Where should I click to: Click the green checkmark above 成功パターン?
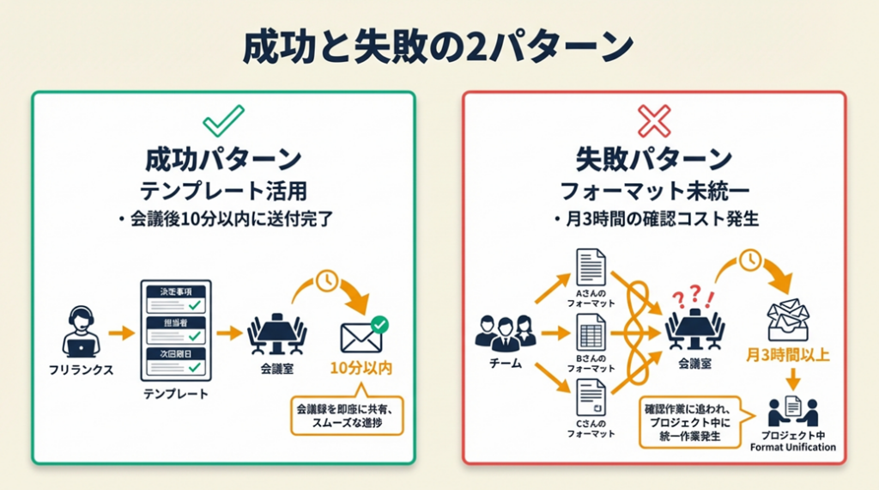click(x=223, y=120)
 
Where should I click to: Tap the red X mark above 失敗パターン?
click(x=654, y=120)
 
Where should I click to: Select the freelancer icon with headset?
click(x=81, y=332)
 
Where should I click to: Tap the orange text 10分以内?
click(x=361, y=370)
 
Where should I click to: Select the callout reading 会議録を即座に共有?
click(x=347, y=413)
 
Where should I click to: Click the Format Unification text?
click(x=792, y=447)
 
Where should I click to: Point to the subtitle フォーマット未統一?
click(x=654, y=190)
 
